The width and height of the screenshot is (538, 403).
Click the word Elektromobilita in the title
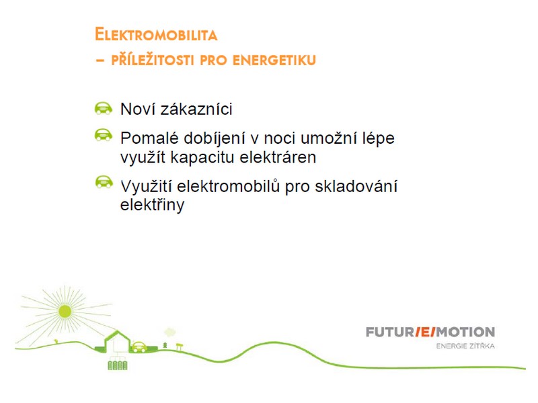[156, 35]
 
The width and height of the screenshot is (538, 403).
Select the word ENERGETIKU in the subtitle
[274, 60]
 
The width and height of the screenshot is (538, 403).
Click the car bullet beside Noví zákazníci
[104, 108]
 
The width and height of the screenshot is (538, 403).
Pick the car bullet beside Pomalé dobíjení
[104, 135]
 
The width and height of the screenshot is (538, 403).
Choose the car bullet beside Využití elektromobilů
[104, 181]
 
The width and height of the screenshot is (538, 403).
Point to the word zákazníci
[196, 109]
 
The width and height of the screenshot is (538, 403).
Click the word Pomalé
[149, 138]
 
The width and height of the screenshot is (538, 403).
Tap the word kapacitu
[202, 158]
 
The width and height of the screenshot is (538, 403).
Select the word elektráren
[278, 157]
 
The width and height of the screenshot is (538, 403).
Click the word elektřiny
[153, 206]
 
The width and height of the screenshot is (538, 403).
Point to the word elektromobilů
[229, 187]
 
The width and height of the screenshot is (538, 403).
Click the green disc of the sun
[65, 312]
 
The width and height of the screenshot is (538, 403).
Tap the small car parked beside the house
[139, 347]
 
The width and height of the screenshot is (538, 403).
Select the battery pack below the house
[118, 365]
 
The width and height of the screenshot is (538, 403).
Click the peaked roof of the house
[117, 337]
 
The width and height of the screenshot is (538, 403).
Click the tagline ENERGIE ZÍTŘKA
[465, 346]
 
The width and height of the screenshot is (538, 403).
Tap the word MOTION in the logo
[465, 332]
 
